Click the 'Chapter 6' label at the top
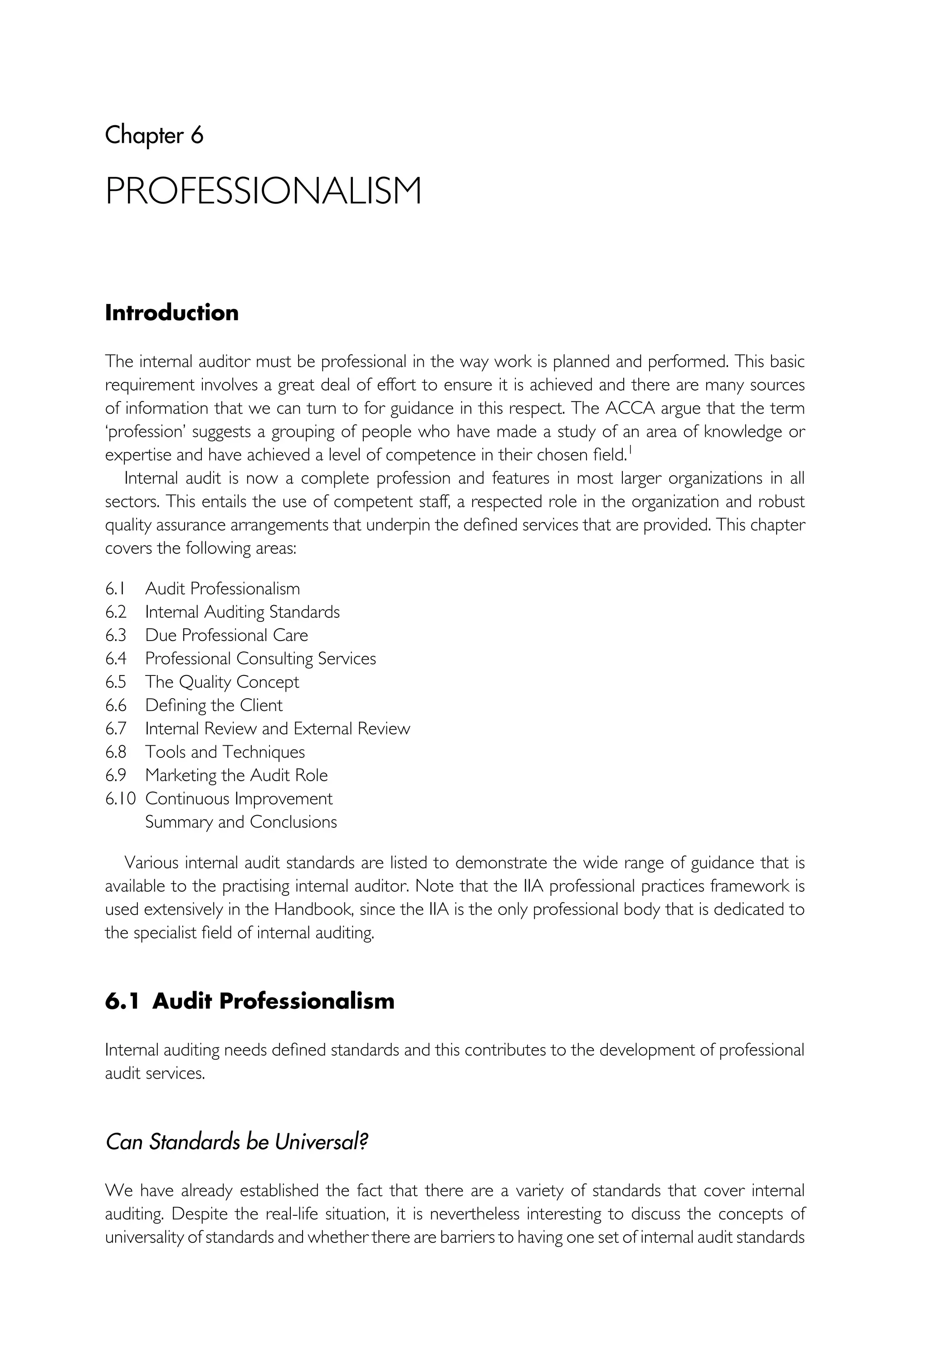pos(154,136)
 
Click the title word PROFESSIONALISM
pos(263,191)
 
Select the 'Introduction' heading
pos(172,313)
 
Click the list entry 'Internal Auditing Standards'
pos(242,612)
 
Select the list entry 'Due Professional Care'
pos(226,635)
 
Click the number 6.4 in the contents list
pos(115,658)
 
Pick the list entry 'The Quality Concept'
pos(222,682)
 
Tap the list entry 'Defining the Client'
pos(214,705)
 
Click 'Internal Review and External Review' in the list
pos(278,728)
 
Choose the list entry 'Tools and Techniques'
pos(225,752)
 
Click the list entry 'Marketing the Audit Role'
pos(236,775)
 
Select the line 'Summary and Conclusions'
pos(241,822)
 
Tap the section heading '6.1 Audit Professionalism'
pos(249,1001)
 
